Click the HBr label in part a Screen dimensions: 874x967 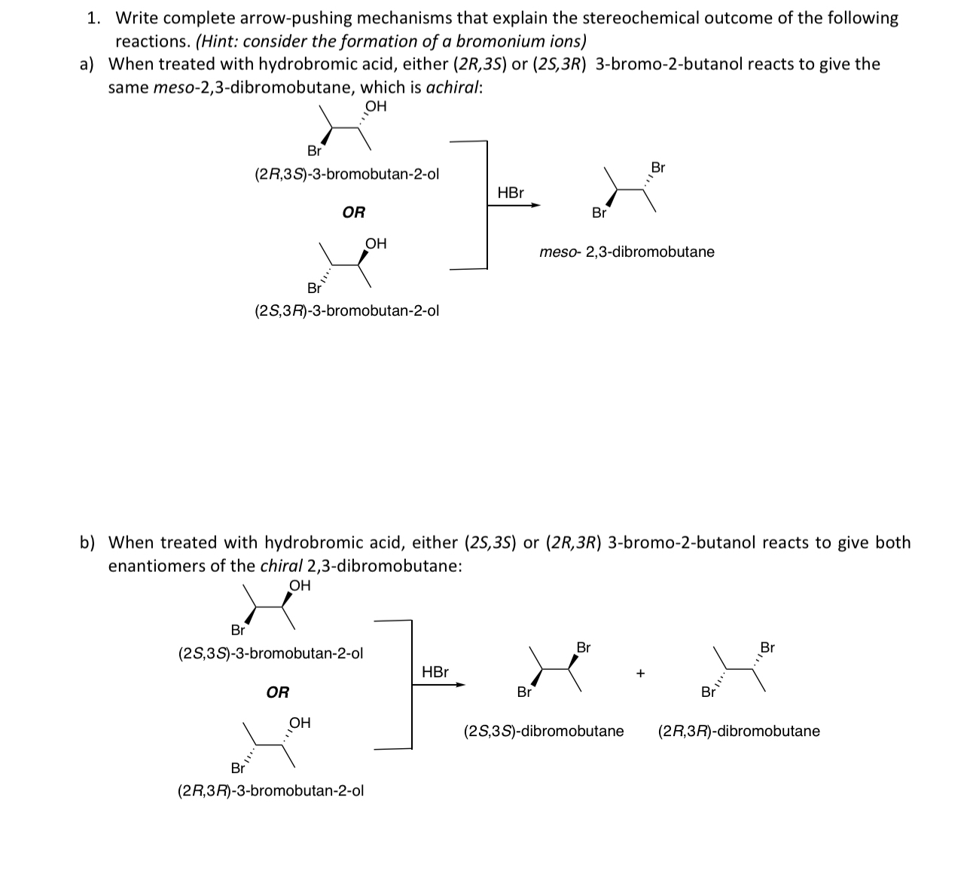click(511, 193)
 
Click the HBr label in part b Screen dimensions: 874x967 click(435, 672)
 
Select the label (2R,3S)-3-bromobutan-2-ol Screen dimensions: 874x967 click(346, 175)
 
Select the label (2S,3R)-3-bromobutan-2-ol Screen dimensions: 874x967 click(347, 310)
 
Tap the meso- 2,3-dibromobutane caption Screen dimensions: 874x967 click(627, 252)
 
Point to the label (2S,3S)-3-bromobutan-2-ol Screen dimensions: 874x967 click(270, 653)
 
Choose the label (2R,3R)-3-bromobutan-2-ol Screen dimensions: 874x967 click(270, 790)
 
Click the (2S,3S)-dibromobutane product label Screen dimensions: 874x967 click(544, 731)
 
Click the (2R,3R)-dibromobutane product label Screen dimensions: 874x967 click(739, 731)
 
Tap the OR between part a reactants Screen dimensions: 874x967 click(353, 212)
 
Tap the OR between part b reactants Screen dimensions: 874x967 click(278, 692)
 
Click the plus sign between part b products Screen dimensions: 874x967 click(640, 673)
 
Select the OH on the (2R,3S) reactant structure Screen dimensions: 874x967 click(375, 106)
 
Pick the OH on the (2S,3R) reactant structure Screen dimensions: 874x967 click(376, 243)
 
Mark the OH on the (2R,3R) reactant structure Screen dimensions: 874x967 click(300, 723)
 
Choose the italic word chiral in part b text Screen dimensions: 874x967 click(281, 566)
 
